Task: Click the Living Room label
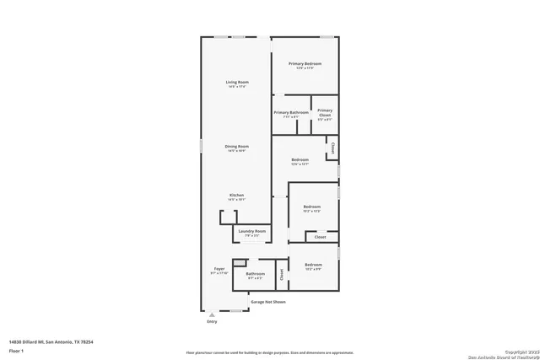(236, 82)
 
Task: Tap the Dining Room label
(236, 147)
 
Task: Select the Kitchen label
(236, 196)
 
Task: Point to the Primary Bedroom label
(305, 64)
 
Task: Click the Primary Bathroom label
(291, 112)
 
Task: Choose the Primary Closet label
(325, 112)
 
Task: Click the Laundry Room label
(252, 231)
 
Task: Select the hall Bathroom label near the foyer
(255, 274)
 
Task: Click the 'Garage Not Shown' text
(268, 301)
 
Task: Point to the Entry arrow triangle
(211, 314)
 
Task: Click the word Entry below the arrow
(211, 322)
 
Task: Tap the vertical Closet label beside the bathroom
(282, 274)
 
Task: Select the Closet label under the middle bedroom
(321, 237)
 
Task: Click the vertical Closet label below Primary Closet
(333, 148)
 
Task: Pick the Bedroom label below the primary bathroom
(300, 159)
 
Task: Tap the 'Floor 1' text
(16, 350)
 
